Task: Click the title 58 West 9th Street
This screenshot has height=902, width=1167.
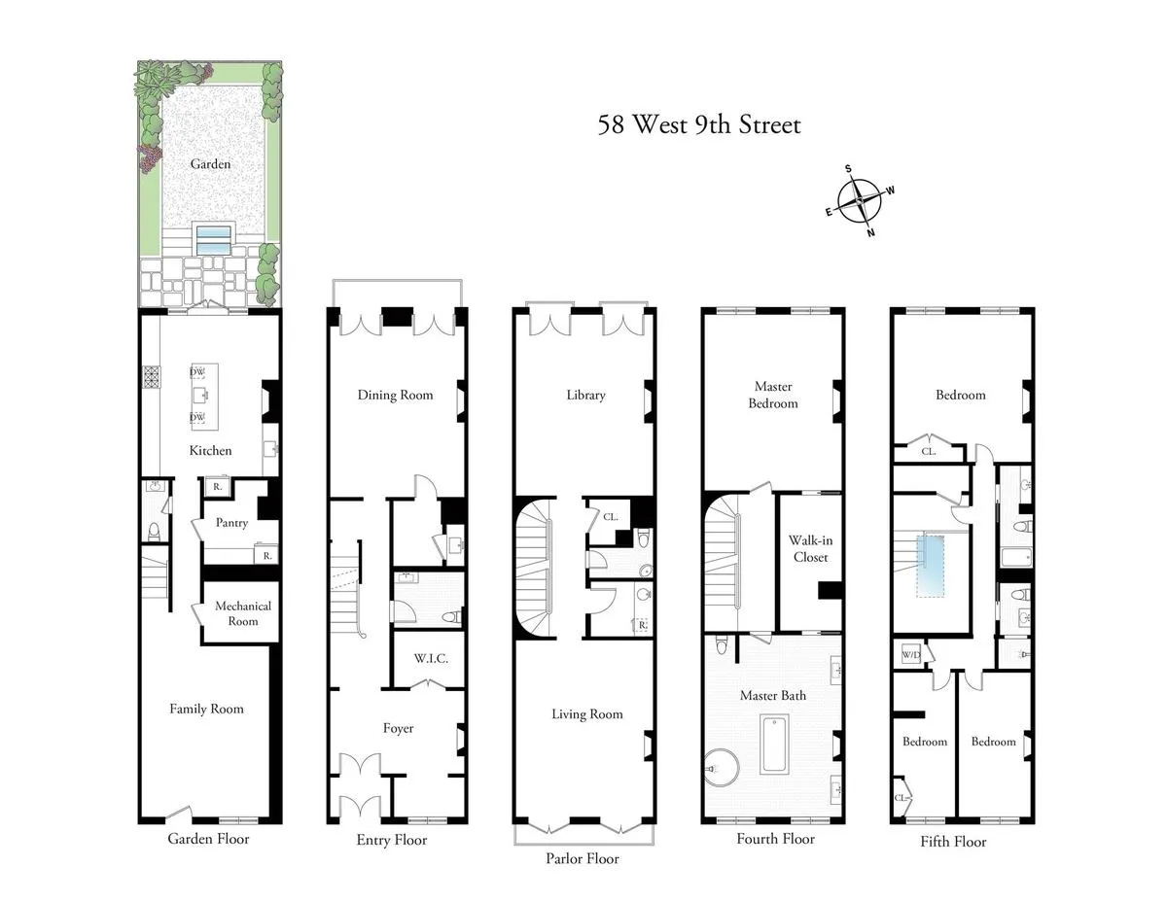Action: coord(699,125)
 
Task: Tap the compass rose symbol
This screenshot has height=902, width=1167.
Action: coord(860,200)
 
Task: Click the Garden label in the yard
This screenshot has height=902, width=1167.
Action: coord(210,163)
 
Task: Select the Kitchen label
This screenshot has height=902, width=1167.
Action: coord(210,450)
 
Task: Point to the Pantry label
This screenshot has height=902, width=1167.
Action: coord(231,523)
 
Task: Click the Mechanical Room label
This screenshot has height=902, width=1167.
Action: coord(242,613)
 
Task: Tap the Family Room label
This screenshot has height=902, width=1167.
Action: coord(206,709)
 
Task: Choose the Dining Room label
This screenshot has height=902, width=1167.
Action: coord(395,395)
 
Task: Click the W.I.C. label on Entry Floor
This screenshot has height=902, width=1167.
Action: coord(429,658)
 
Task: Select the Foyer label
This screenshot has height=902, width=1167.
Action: coord(398,728)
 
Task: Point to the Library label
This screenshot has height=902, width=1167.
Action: coord(585,395)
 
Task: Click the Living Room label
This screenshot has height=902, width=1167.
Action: coord(586,714)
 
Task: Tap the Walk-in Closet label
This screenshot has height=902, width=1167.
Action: coord(809,549)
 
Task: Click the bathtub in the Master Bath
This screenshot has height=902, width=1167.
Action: coord(774,745)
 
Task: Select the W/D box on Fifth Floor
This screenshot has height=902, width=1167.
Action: coord(911,653)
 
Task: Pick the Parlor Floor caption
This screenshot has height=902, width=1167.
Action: coord(582,859)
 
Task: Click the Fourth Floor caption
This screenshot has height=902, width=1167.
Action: coord(775,839)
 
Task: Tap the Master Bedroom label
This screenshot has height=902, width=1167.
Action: coord(773,396)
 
